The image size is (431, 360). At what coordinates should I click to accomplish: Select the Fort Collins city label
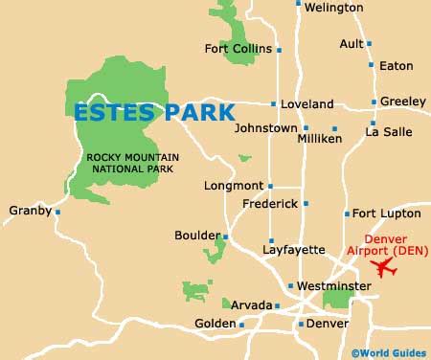coord(238,49)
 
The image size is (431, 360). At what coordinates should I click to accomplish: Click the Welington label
coord(335,8)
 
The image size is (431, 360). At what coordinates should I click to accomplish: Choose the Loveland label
coord(307,104)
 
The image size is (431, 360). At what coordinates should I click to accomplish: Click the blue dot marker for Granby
coord(57,212)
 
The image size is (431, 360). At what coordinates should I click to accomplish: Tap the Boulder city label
coord(196,235)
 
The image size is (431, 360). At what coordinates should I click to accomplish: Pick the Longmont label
coord(234,186)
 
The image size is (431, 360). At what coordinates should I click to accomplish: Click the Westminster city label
coord(333,285)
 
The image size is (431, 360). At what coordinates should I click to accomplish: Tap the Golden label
coord(215,324)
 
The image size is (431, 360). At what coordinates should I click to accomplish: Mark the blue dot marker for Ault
coord(370,44)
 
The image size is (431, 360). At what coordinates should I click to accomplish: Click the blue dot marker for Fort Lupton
coord(347,214)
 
